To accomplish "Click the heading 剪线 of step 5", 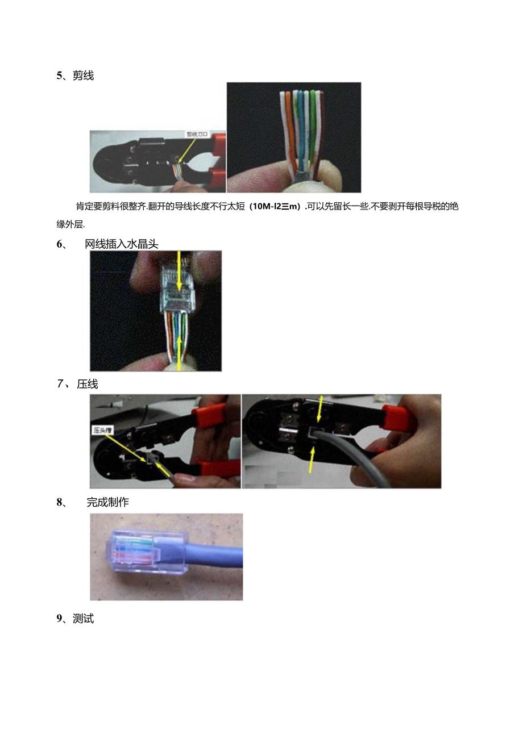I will tap(83, 76).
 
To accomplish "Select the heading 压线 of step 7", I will tap(88, 384).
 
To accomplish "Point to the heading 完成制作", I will tap(107, 502).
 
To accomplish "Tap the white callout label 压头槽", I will tap(101, 430).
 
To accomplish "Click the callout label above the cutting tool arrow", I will tap(197, 135).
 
